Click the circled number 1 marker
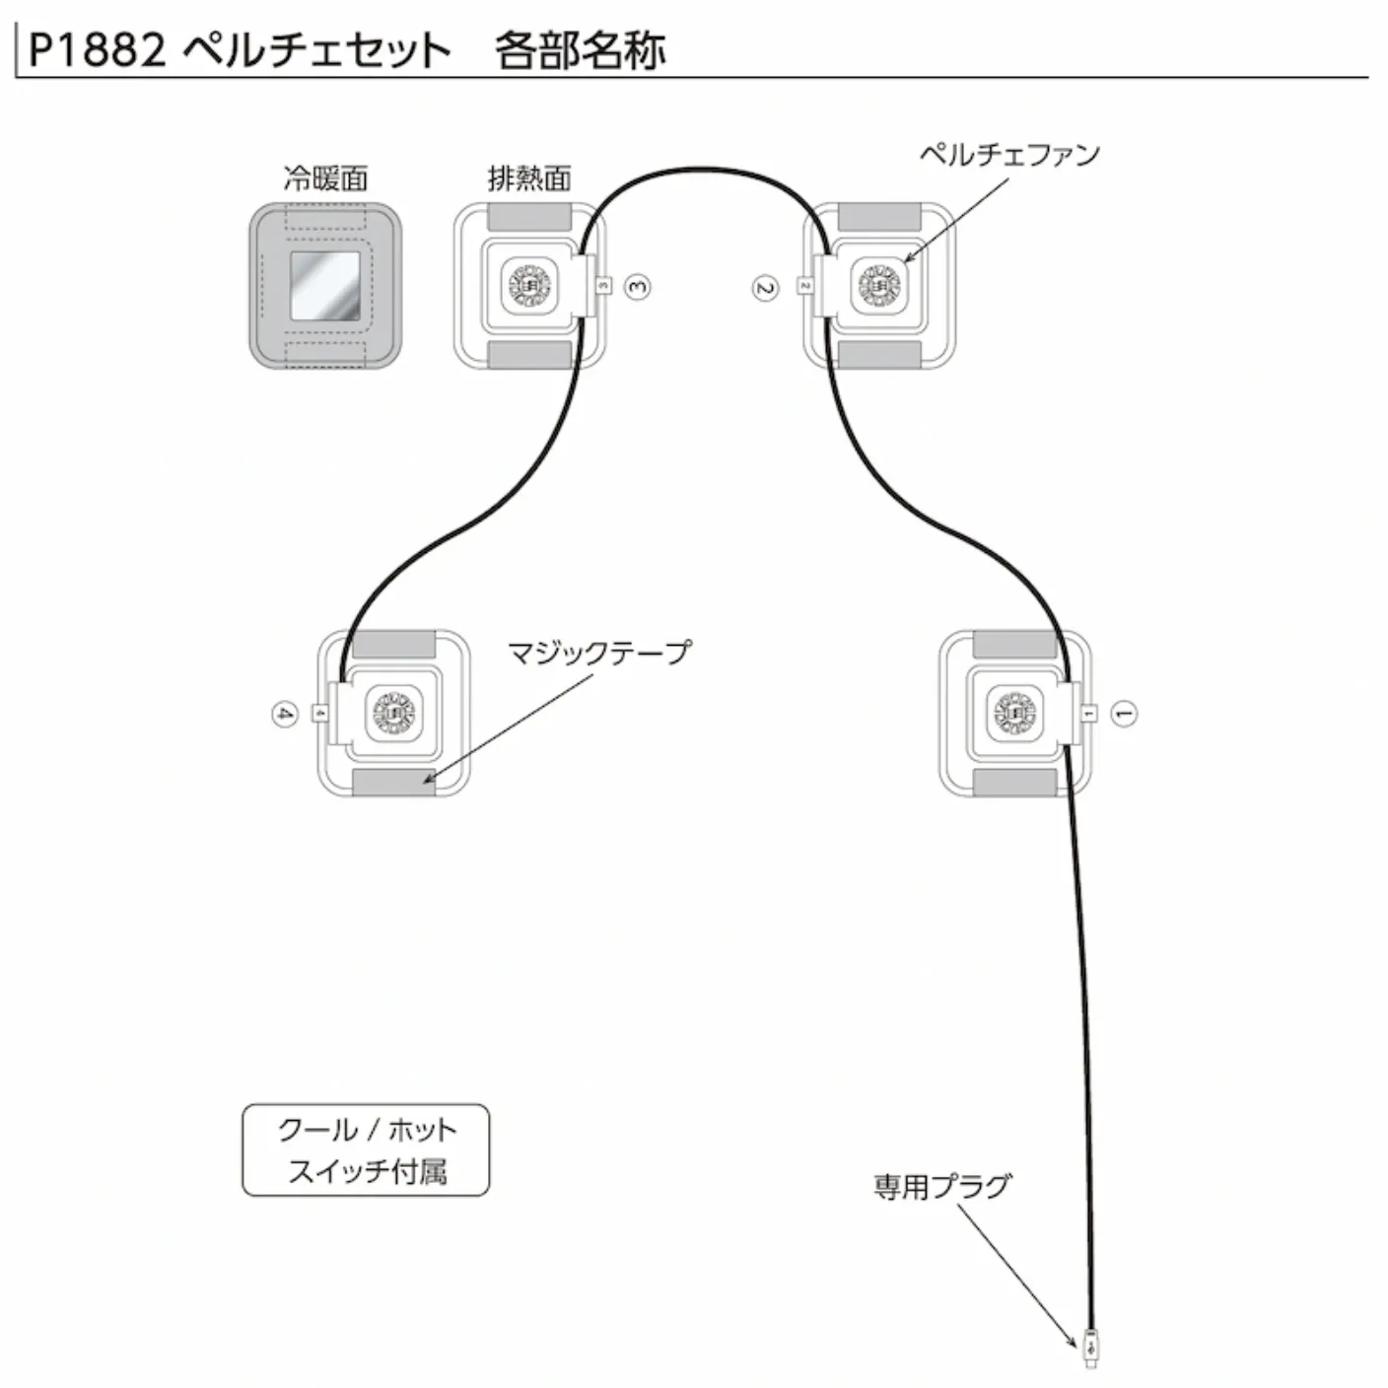tap(1124, 714)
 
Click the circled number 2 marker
tap(765, 288)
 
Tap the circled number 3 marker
tap(637, 287)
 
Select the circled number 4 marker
tap(285, 714)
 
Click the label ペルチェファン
tap(1009, 154)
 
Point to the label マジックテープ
tap(599, 653)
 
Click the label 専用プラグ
tap(942, 1186)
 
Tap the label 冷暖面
tap(325, 178)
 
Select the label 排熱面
tap(529, 178)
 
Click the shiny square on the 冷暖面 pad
tap(325, 285)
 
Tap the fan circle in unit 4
tap(393, 713)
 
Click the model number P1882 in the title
tap(98, 52)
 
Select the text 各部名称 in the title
tap(580, 52)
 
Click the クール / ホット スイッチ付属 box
tap(366, 1150)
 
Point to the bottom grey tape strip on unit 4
tap(393, 783)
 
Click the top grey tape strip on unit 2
tap(879, 217)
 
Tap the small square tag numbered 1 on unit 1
tap(1088, 713)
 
